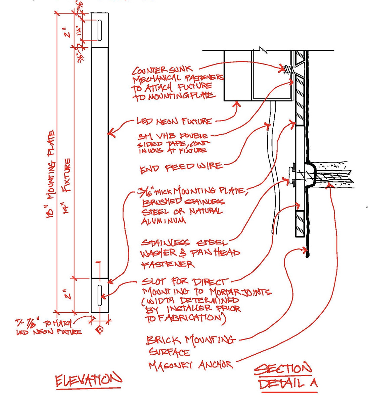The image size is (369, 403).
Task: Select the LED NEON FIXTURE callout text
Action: tap(174, 121)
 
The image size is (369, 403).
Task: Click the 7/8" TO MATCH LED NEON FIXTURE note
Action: tap(49, 327)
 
